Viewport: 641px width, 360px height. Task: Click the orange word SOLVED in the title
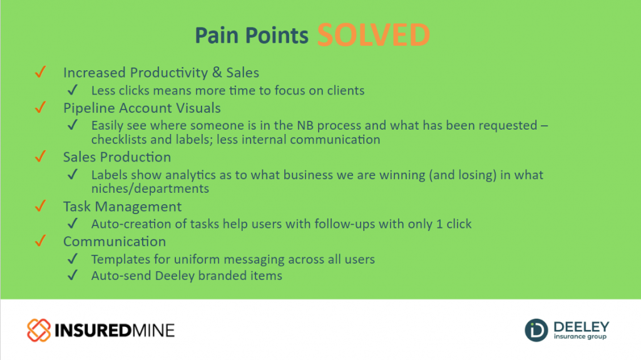click(374, 35)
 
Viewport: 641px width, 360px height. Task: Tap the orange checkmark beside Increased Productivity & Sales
click(41, 72)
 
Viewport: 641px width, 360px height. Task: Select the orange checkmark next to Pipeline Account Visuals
click(41, 107)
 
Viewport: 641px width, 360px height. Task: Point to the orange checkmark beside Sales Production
click(41, 157)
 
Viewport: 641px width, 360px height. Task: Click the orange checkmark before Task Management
click(41, 206)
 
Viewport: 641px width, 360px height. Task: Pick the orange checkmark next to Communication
click(41, 241)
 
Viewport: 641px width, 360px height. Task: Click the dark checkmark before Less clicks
click(73, 90)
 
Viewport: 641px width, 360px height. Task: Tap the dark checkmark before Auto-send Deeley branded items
click(73, 275)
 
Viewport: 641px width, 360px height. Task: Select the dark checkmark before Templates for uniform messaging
click(73, 259)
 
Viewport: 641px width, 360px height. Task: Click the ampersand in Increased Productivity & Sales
click(217, 73)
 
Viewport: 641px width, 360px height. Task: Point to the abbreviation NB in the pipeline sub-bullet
click(305, 125)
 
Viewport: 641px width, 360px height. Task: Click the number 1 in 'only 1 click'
click(439, 224)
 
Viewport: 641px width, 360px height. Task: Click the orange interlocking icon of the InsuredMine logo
click(39, 330)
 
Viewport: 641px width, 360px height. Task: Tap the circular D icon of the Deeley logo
click(536, 330)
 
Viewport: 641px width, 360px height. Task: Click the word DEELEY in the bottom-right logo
click(582, 327)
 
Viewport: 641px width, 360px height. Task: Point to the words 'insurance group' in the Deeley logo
click(580, 337)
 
